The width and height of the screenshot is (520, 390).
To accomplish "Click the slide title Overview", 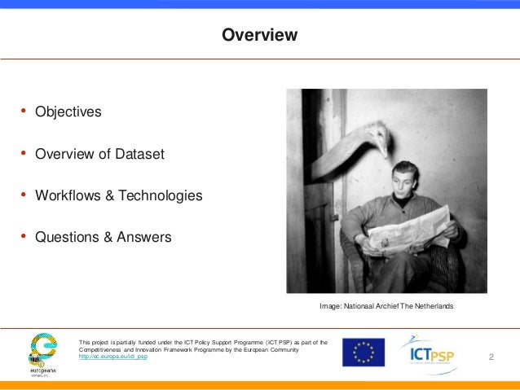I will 260,36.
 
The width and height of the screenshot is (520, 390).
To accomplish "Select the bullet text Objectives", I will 68,112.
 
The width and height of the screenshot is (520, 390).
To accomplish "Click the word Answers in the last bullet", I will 145,238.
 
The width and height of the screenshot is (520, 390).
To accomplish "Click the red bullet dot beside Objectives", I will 24,111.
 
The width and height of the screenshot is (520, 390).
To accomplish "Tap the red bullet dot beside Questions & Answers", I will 24,237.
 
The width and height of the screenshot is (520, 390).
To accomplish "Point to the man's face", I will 407,186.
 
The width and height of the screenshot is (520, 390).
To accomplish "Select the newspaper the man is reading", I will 408,230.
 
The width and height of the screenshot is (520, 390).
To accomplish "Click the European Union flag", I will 364,352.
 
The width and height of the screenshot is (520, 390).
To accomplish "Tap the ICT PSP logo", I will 427,353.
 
